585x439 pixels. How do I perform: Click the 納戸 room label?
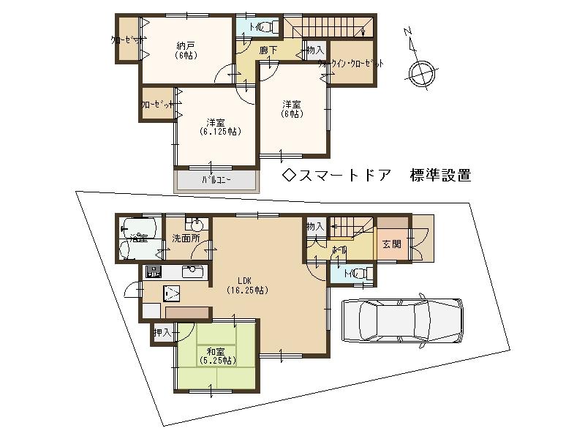(x=184, y=45)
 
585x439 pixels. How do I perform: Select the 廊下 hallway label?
(x=268, y=50)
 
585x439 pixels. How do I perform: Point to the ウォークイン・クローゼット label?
(x=350, y=64)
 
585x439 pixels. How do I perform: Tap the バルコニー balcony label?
(x=216, y=179)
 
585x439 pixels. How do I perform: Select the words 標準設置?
(x=441, y=176)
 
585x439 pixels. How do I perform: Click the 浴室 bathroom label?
(x=138, y=239)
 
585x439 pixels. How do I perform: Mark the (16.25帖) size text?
(x=246, y=290)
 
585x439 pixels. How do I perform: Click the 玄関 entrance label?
(x=391, y=244)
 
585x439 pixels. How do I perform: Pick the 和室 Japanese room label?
(x=217, y=350)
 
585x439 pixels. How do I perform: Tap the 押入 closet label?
(x=162, y=333)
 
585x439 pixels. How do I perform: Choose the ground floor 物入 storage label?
(x=315, y=227)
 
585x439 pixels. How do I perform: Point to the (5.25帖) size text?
(x=217, y=360)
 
